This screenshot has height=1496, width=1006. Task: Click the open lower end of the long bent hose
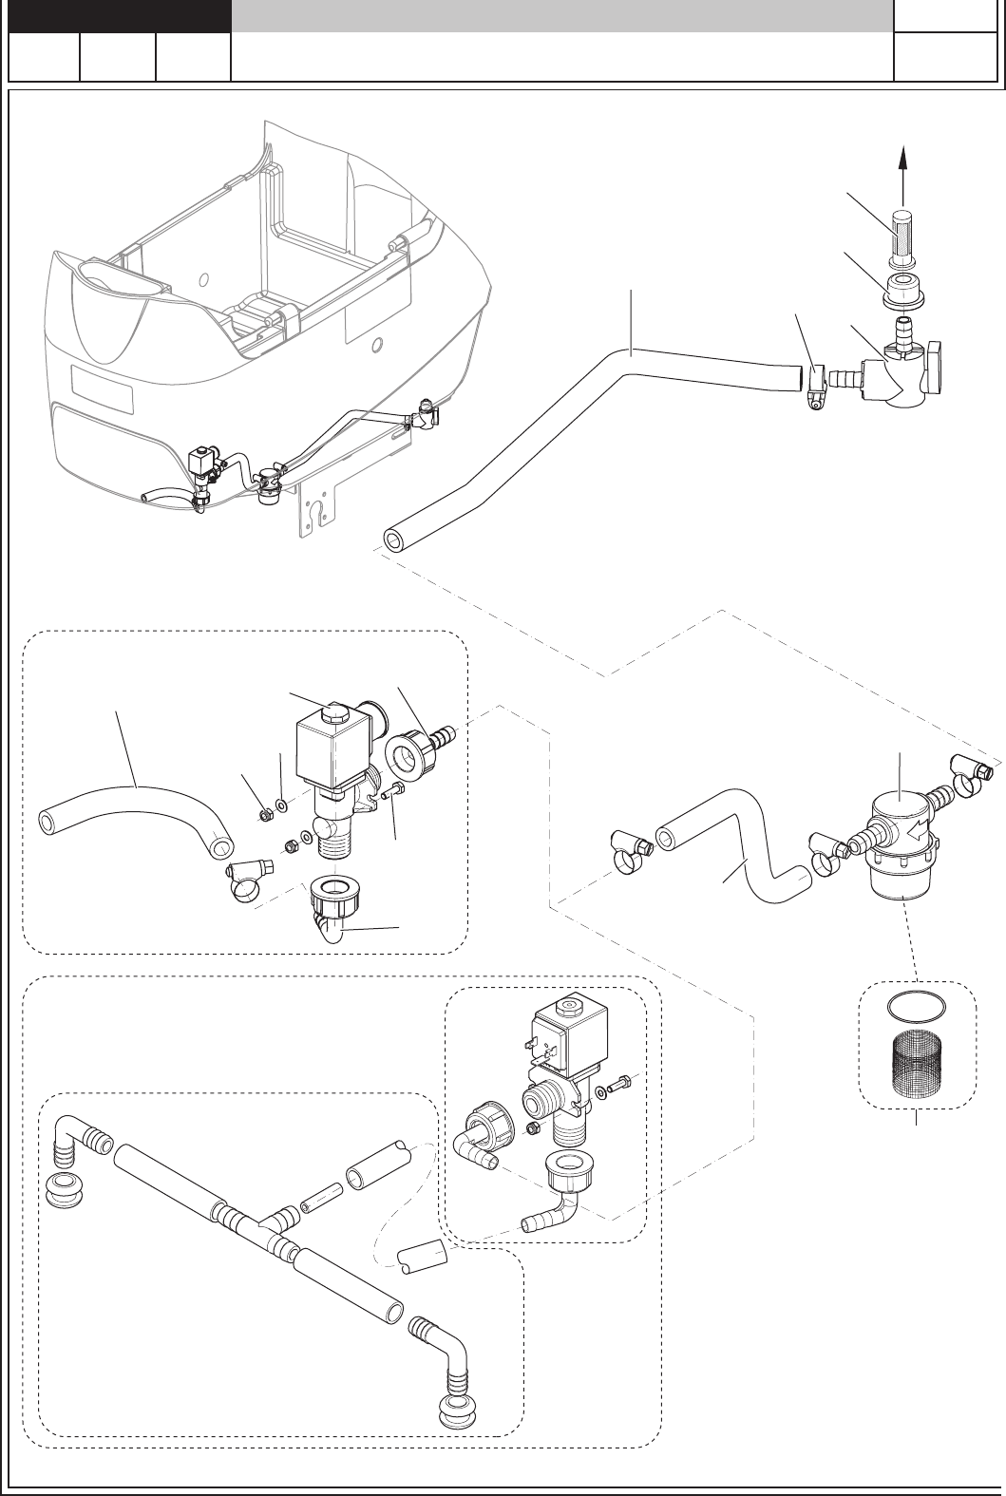(x=393, y=540)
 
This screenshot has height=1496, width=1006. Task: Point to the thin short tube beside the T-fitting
(x=321, y=1192)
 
